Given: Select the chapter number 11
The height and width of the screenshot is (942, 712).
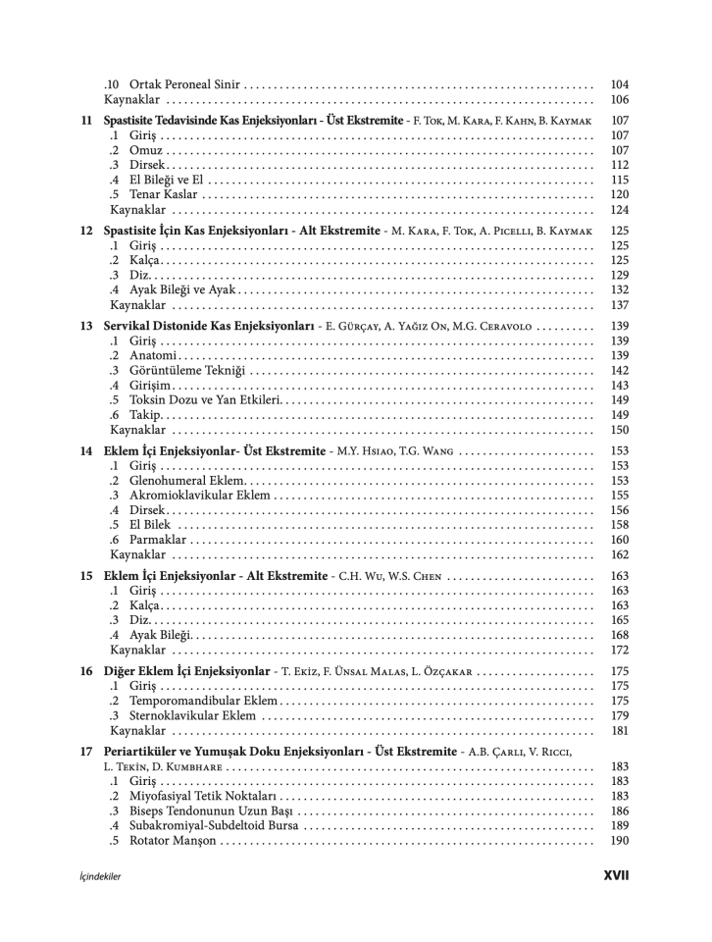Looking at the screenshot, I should pos(86,121).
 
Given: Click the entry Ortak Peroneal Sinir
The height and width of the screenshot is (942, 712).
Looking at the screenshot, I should pos(184,85).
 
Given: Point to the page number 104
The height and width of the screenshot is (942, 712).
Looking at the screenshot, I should pos(619,85).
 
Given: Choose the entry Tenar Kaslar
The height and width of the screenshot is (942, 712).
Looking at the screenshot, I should pos(163,194).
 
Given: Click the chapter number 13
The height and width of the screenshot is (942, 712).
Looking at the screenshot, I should pos(86,326).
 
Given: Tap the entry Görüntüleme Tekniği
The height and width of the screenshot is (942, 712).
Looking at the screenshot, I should pos(190,370).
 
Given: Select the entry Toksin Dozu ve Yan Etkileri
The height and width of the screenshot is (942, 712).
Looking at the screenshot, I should pos(205,399).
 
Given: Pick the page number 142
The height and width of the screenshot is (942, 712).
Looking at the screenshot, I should pos(619,370).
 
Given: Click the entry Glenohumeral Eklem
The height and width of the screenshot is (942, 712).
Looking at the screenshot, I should pos(187,481).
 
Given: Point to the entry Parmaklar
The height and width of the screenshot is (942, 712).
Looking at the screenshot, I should pos(158,540).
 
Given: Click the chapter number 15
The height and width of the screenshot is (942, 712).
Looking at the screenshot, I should pos(86,576).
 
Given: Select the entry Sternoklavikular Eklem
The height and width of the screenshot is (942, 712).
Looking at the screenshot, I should pos(192,715).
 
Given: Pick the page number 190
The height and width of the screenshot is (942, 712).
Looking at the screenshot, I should pos(619,841).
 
